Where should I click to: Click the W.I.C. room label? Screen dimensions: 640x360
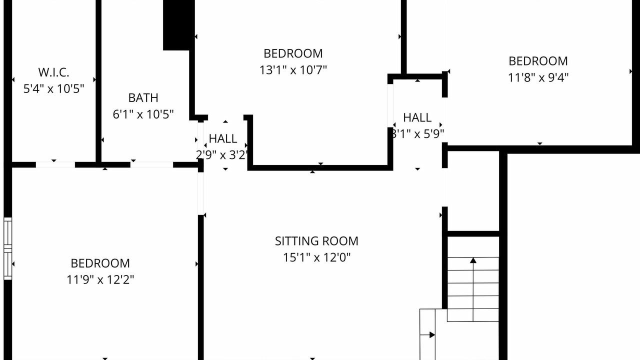(x=53, y=72)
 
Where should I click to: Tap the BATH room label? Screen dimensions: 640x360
(x=143, y=98)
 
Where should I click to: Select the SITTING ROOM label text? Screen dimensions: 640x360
(x=316, y=241)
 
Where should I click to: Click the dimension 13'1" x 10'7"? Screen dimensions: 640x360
(x=293, y=70)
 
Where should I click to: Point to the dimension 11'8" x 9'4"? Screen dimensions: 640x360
(x=538, y=77)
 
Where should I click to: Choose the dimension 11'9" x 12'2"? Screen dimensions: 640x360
(x=100, y=279)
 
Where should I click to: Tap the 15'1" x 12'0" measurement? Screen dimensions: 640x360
(x=316, y=257)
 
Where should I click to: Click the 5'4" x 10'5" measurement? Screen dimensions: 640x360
(x=53, y=89)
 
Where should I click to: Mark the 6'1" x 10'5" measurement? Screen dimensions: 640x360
(x=143, y=114)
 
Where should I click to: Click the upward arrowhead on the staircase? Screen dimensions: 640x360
(x=473, y=260)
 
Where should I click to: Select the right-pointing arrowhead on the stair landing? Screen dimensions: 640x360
(x=432, y=335)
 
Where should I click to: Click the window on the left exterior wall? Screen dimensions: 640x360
(x=7, y=248)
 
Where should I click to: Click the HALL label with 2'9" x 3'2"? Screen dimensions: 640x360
(x=223, y=139)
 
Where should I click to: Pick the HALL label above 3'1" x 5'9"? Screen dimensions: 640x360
(x=417, y=117)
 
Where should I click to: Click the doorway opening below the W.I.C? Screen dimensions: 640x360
(x=55, y=165)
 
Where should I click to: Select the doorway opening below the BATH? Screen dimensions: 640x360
(x=151, y=165)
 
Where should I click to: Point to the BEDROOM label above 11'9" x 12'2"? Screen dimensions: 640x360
(x=100, y=263)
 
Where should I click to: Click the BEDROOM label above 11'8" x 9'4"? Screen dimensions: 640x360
(x=538, y=61)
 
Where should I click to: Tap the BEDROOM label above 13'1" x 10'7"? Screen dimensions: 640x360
(x=293, y=53)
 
